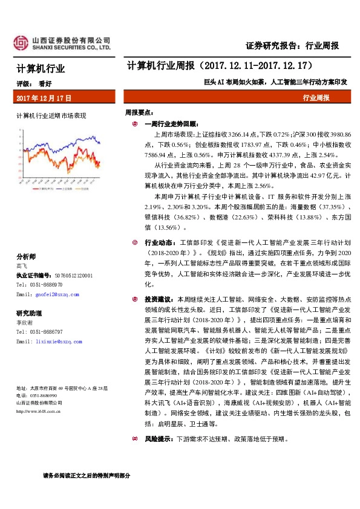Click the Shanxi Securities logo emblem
coord(22,41)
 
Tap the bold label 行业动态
coord(159,242)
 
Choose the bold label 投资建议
coord(159,299)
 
